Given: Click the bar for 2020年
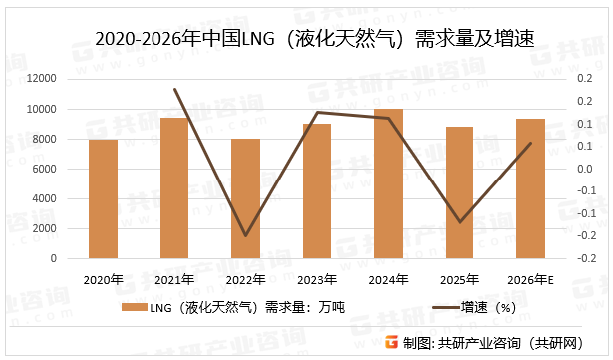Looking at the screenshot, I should point(104,198).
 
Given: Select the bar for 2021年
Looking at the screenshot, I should point(174,187).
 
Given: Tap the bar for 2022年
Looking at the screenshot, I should point(246,198).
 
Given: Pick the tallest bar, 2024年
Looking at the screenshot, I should point(389,183).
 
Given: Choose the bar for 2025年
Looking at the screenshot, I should point(460,192).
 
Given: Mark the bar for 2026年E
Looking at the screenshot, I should point(530,188).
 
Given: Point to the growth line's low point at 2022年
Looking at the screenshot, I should point(246,236).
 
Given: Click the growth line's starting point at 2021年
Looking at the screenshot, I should point(175,89).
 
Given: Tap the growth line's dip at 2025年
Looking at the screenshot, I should point(460,222).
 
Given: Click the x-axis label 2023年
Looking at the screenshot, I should point(317,280).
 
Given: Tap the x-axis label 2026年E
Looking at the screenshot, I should point(530,280).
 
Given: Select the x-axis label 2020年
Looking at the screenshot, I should point(104,280).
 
